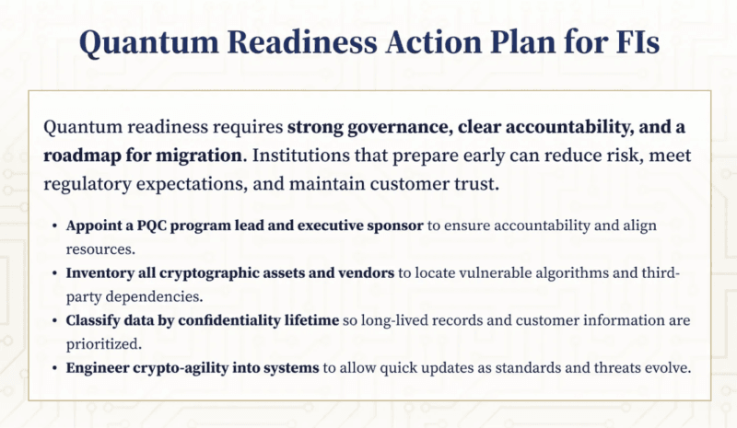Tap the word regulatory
(x=93, y=183)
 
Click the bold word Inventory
(x=100, y=273)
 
